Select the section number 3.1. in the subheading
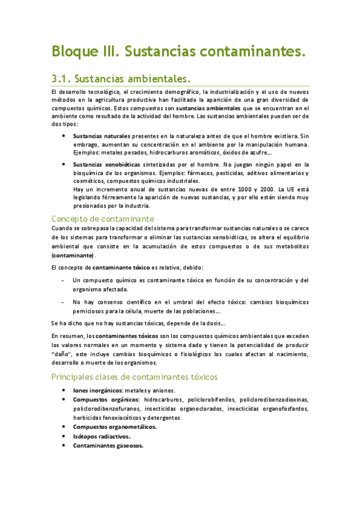pos(63,79)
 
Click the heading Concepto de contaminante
pos(103,218)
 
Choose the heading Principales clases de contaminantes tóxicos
pos(135,377)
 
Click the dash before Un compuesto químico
pos(64,280)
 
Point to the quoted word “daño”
pos(62,354)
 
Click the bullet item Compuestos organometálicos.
pos(114,427)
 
